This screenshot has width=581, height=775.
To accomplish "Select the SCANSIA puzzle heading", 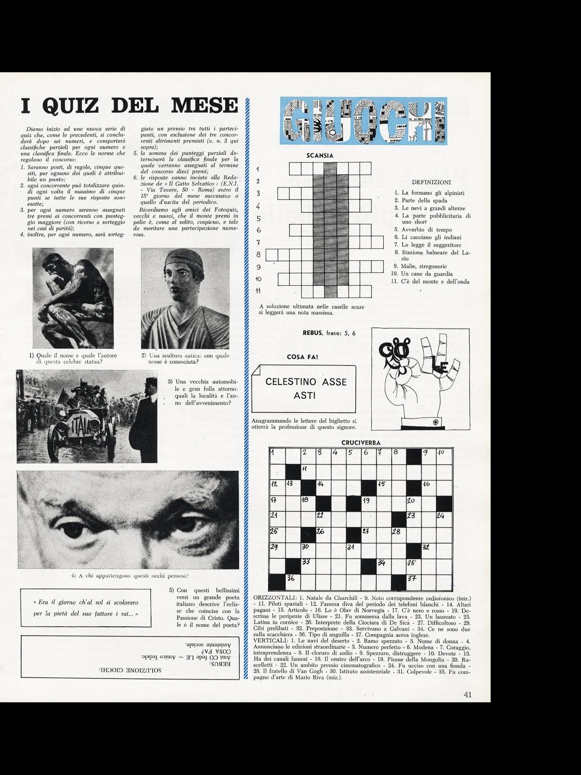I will click(x=320, y=155).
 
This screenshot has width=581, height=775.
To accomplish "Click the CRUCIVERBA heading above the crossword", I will click(x=361, y=443).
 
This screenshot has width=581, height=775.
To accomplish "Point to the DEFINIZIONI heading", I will click(x=432, y=182).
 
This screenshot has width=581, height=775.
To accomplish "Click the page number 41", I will click(x=468, y=695).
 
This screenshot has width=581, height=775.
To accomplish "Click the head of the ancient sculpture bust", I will click(x=178, y=274).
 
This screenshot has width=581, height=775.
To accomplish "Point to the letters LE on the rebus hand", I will click(x=439, y=367).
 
